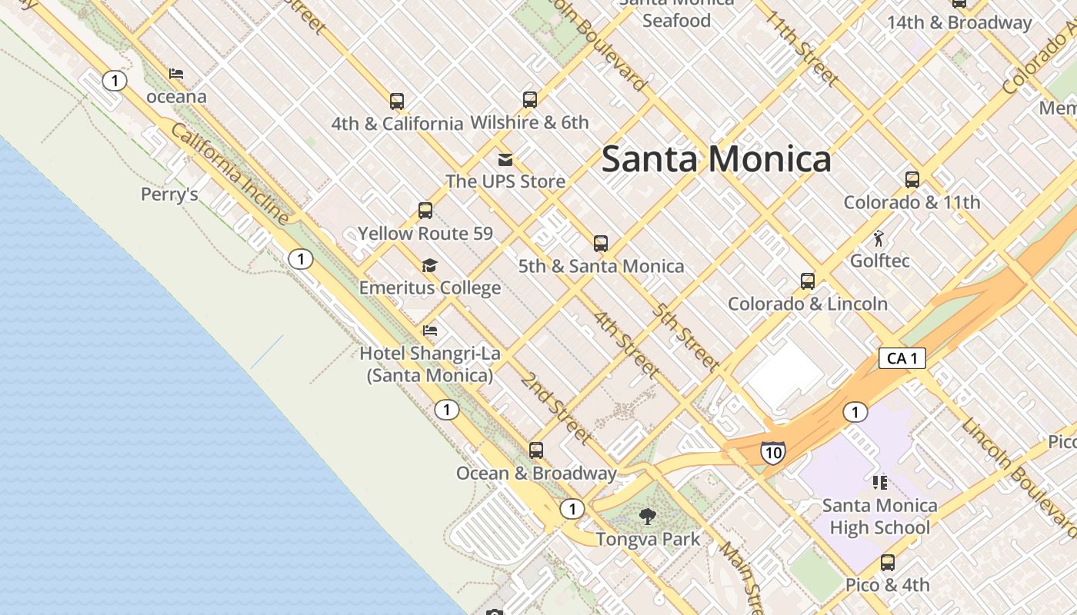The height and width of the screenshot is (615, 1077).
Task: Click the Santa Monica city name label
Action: point(716,159)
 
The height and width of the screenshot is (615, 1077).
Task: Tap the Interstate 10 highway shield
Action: point(772,452)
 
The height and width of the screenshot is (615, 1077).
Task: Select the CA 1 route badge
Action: point(902,358)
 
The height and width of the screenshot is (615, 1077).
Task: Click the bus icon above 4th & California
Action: point(397,101)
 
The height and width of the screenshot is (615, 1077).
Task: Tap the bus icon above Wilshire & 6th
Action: point(529,99)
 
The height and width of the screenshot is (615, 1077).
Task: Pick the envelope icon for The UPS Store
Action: point(505,159)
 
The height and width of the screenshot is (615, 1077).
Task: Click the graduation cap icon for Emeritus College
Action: point(429,266)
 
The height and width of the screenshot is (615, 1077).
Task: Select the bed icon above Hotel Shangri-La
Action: point(430,331)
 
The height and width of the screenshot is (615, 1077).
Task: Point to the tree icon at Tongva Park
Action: point(648,517)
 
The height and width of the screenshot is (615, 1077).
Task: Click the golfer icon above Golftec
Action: point(879,238)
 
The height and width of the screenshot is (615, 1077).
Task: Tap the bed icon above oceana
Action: point(176,75)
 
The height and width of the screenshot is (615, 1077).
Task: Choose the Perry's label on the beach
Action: point(169,194)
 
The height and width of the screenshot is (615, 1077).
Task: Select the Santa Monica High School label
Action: point(879,517)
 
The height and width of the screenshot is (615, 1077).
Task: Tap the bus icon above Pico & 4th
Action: point(888,563)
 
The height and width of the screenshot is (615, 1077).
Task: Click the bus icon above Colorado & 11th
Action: point(912,180)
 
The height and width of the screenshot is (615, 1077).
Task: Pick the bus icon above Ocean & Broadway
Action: point(536,450)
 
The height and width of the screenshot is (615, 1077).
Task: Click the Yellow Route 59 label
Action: point(425,233)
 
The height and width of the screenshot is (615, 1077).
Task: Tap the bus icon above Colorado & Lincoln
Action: point(808,281)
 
